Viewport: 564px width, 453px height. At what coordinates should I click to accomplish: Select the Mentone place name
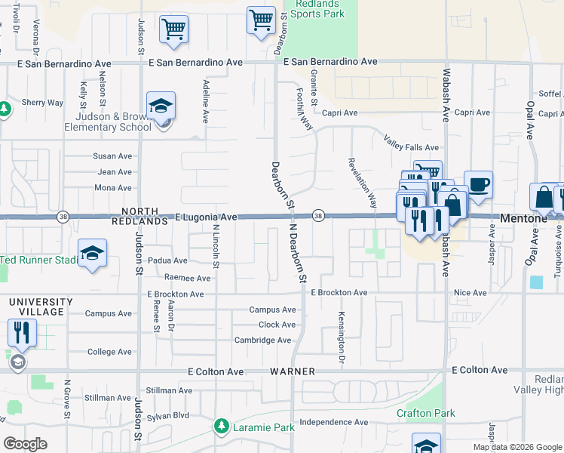(x=521, y=217)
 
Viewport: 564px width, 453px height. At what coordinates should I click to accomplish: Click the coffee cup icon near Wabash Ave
(x=478, y=183)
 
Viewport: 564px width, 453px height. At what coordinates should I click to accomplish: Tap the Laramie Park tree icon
(x=221, y=427)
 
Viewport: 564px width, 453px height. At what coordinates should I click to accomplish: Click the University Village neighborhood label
(x=41, y=307)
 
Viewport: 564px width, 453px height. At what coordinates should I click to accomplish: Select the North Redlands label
(x=135, y=217)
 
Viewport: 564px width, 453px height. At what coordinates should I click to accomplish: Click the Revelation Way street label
(x=362, y=183)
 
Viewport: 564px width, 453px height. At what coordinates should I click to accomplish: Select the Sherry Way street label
(x=42, y=103)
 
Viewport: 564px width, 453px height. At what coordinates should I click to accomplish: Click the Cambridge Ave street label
(x=262, y=341)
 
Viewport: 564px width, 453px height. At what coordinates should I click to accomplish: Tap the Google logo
(x=25, y=444)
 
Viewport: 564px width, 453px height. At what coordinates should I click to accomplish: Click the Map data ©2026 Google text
(x=517, y=447)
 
